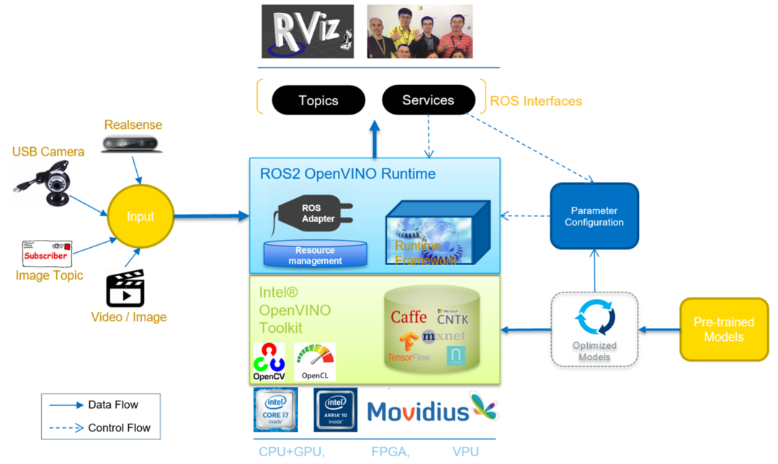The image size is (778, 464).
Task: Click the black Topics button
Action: [318, 100]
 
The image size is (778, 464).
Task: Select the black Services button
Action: [428, 100]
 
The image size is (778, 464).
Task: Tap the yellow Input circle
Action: [140, 217]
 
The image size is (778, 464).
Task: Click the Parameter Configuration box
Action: [594, 217]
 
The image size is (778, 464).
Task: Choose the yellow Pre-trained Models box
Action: [723, 329]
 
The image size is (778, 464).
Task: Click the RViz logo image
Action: [308, 32]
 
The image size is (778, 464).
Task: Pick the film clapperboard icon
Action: [125, 288]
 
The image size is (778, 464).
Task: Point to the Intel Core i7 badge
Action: [275, 410]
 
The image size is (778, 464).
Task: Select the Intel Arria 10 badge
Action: [336, 410]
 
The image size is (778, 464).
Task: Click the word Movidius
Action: [417, 411]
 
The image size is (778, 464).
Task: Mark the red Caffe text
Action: [408, 317]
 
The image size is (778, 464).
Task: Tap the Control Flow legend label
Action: [119, 427]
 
